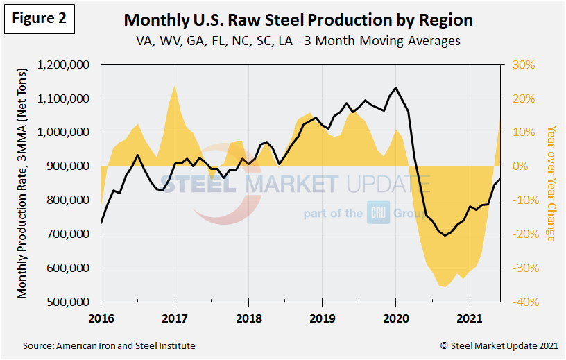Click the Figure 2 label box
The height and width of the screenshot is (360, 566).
(39, 19)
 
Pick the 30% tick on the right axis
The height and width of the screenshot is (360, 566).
(524, 65)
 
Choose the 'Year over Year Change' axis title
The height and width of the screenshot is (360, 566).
(551, 184)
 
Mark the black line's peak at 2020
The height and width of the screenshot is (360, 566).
(395, 88)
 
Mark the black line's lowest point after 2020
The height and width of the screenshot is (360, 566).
(445, 236)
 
